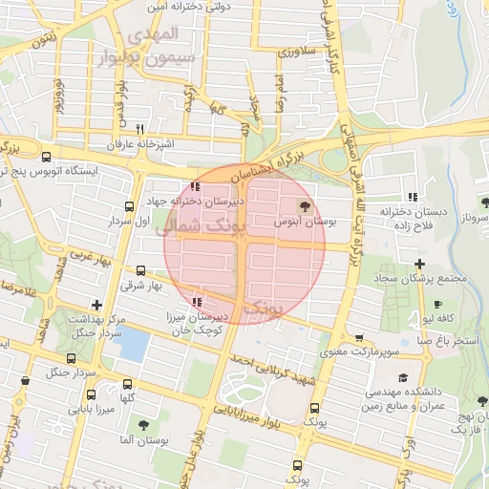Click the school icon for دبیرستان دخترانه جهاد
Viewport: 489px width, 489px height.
[195, 187]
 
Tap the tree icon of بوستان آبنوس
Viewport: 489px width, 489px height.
[305, 206]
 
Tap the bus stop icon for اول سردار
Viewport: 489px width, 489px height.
[130, 206]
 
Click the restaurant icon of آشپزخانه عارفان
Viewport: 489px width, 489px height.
[139, 129]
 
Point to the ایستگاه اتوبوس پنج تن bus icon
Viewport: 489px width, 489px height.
[46, 157]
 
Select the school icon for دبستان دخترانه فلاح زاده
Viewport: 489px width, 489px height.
[413, 196]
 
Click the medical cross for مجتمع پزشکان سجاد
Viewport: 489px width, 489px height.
[418, 264]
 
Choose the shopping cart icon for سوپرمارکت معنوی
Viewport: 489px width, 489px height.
[359, 338]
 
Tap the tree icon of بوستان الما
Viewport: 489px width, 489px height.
[143, 425]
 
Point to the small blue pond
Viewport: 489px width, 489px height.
[135, 342]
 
